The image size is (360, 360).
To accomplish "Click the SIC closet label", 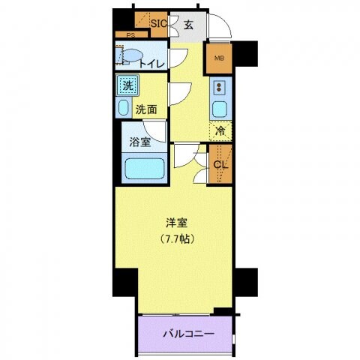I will pyautogui.click(x=158, y=23).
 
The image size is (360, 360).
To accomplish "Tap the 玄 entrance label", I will pyautogui.click(x=188, y=24).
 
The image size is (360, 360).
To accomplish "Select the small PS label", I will pyautogui.click(x=130, y=35).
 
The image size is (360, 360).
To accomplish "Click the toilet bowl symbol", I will pyautogui.click(x=132, y=56).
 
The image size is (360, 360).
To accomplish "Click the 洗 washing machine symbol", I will pyautogui.click(x=127, y=85).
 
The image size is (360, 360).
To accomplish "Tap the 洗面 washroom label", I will pyautogui.click(x=146, y=109).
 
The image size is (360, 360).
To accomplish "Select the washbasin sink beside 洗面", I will pyautogui.click(x=124, y=107).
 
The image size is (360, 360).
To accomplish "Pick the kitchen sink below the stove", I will pyautogui.click(x=220, y=109).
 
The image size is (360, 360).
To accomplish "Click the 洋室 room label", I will pyautogui.click(x=176, y=223).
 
